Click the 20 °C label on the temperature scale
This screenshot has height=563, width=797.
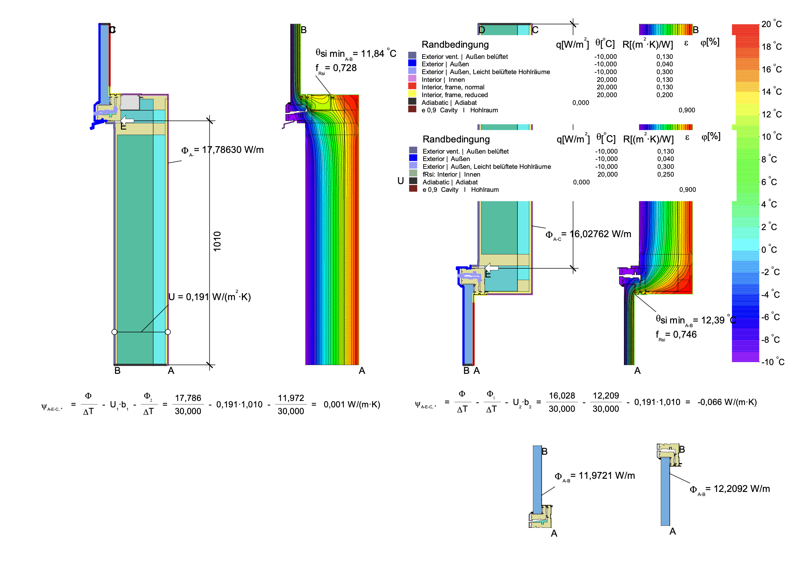click(771, 24)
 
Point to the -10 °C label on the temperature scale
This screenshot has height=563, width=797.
click(773, 362)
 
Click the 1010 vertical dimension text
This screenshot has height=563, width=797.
click(217, 241)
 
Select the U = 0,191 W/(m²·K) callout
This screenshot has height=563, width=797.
click(209, 296)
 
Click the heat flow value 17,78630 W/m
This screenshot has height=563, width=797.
click(222, 150)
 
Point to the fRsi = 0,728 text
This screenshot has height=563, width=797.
click(336, 68)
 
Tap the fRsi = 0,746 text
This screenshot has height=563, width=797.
click(676, 335)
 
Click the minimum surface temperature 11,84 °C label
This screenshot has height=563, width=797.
click(356, 54)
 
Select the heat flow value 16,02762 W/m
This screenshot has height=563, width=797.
click(588, 234)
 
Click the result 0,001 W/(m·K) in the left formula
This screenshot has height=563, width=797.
click(352, 405)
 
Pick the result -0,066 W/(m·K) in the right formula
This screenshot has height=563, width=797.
click(727, 402)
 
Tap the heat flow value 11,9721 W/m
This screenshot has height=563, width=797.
click(595, 476)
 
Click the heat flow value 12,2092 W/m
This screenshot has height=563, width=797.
click(730, 489)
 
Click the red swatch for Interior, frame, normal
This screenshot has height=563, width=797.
click(412, 86)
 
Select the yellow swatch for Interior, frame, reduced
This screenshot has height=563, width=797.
click(412, 94)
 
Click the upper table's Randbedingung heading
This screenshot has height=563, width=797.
click(455, 45)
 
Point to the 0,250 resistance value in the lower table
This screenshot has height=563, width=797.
click(666, 174)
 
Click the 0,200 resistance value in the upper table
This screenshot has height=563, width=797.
click(665, 95)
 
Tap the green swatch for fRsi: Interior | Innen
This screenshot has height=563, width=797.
click(413, 173)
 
